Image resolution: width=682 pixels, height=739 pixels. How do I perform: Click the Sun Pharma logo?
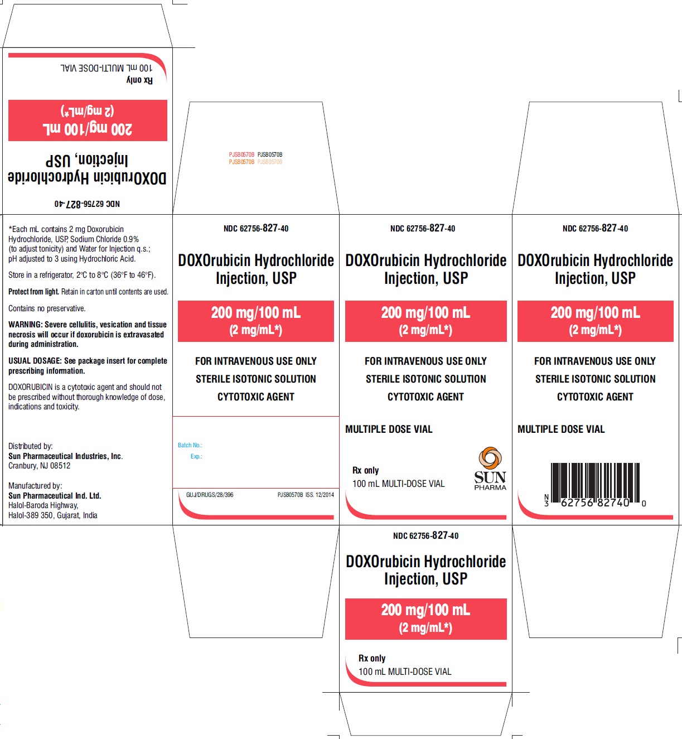click(490, 468)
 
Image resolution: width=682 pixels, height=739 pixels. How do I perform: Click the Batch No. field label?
click(190, 445)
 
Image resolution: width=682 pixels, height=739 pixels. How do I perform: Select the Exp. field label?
click(196, 456)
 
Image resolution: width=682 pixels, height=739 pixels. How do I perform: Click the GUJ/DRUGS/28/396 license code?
click(210, 495)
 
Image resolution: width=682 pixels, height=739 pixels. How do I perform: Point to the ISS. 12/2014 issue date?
click(320, 495)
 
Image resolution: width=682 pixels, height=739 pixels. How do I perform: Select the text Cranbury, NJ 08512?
click(39, 466)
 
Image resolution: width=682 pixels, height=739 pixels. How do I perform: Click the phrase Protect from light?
click(33, 292)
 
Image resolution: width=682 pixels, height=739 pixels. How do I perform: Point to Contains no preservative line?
click(47, 308)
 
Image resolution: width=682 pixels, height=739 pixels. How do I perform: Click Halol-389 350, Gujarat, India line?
click(53, 515)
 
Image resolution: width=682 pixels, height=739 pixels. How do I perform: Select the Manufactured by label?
click(35, 486)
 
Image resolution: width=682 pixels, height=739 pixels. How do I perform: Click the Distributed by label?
click(31, 446)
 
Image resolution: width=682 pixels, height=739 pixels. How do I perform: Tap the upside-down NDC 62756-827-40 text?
click(87, 204)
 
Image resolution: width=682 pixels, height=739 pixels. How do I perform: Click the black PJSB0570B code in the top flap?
click(270, 154)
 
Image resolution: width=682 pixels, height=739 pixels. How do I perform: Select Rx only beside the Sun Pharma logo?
click(365, 470)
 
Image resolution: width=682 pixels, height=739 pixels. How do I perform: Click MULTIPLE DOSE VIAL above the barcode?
click(561, 429)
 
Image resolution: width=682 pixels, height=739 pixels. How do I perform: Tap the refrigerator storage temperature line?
click(82, 275)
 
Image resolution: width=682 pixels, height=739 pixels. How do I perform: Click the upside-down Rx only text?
click(139, 80)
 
